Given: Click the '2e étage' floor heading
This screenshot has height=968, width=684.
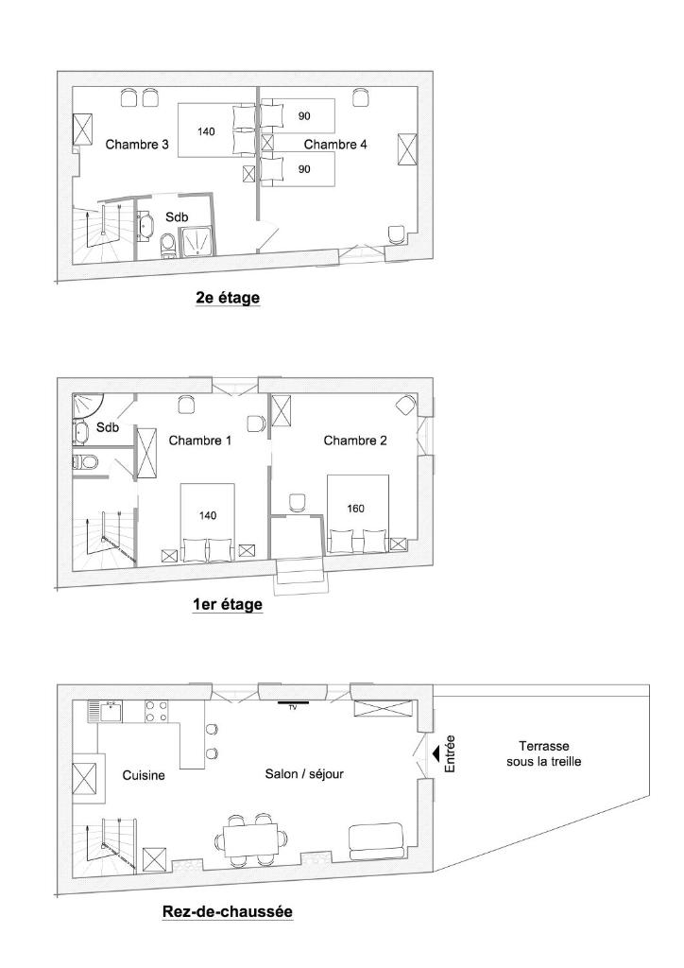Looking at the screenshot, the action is [x=228, y=298].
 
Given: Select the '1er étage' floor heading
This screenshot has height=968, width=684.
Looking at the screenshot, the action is [x=228, y=604].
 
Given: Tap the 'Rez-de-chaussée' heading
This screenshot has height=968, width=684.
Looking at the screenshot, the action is [x=227, y=911].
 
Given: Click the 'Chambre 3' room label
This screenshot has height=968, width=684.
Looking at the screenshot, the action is [x=137, y=145].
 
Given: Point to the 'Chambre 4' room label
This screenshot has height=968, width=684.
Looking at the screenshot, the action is [x=335, y=145].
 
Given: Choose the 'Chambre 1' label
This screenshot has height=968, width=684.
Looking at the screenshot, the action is [x=200, y=441].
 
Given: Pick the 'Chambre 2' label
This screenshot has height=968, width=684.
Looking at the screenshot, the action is [x=355, y=441].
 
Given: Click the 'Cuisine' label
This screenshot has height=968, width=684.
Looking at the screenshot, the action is [x=144, y=775].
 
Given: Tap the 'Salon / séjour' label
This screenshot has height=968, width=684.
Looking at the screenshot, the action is [x=304, y=774].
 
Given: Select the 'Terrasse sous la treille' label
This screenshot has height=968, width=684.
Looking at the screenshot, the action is [x=544, y=753].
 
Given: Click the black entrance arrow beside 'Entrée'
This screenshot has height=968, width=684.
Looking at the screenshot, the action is [x=436, y=753].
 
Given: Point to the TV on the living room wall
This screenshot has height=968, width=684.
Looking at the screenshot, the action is [x=292, y=702].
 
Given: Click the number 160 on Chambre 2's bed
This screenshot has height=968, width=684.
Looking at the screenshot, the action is [x=356, y=509].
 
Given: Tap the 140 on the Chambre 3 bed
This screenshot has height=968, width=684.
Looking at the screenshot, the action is [x=206, y=131].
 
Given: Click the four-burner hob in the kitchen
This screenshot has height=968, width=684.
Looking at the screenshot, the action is [x=157, y=711].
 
